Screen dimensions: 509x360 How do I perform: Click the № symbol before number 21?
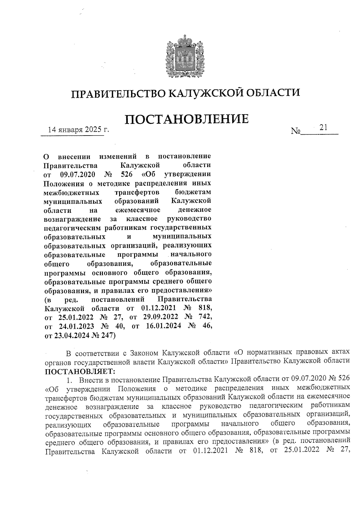295,131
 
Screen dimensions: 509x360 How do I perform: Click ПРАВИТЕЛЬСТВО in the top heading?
117,93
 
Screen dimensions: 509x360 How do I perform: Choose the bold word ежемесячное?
138,210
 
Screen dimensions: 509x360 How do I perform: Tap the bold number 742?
205,317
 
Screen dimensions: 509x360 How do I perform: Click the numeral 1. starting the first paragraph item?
70,381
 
